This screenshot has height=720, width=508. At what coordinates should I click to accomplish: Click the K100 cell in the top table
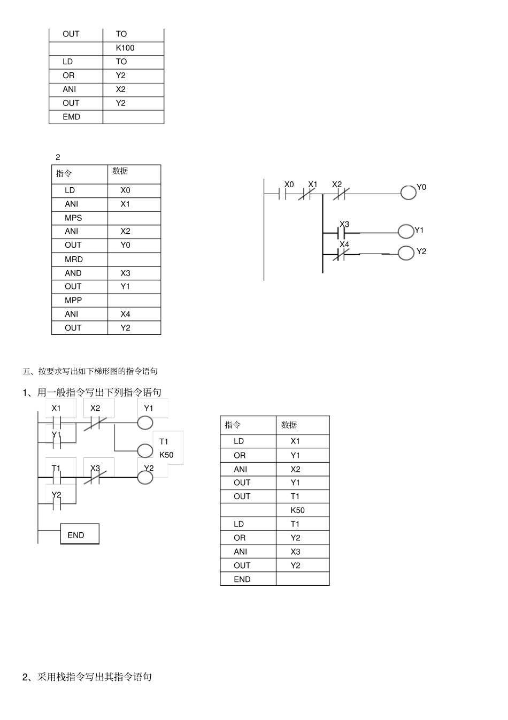click(x=125, y=48)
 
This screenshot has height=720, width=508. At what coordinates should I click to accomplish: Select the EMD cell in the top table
click(x=71, y=117)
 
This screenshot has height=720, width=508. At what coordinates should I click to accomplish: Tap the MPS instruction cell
click(x=73, y=218)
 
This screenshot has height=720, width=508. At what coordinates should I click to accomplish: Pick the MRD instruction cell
click(x=74, y=259)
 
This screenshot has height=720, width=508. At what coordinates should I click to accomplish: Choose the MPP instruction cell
click(x=73, y=301)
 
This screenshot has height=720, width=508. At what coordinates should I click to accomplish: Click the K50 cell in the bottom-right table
click(x=297, y=510)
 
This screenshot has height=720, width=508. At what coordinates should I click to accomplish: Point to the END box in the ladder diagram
click(x=79, y=534)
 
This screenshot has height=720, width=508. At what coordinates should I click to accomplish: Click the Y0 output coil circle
click(x=409, y=193)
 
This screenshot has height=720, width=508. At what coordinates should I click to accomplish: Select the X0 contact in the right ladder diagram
click(x=283, y=194)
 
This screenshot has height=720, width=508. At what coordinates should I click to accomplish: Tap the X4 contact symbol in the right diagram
click(x=340, y=255)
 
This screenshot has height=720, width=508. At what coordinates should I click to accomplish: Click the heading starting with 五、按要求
click(x=90, y=371)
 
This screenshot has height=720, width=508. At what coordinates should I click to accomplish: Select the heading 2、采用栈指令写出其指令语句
click(x=87, y=677)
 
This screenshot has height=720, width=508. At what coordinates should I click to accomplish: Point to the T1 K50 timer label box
click(x=167, y=448)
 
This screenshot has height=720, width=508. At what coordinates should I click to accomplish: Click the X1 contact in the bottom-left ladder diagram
click(x=57, y=423)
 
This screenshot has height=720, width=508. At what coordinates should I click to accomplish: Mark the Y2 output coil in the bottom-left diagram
click(x=145, y=477)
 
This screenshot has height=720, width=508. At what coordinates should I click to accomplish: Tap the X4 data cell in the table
click(x=125, y=315)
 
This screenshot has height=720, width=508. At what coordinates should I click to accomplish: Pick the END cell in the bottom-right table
click(x=242, y=579)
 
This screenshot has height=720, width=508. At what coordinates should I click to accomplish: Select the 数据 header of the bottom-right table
click(x=289, y=425)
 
